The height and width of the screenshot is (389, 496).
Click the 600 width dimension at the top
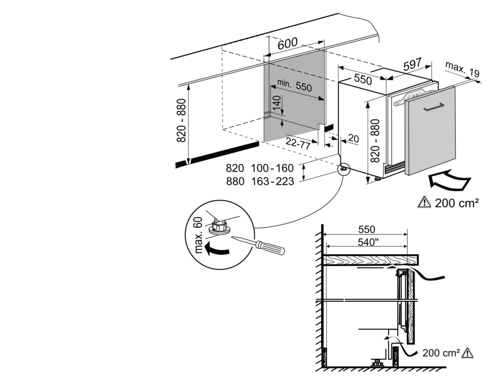coord(287,44)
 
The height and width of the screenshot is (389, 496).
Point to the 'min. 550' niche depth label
coord(294,86)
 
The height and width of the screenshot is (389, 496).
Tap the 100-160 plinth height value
coord(272,168)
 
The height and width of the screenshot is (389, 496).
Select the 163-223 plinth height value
coord(272,181)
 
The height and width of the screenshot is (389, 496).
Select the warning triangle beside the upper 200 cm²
coord(424,202)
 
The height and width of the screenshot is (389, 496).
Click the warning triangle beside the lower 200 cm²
coord(467,353)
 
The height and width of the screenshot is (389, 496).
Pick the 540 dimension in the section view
coord(368,242)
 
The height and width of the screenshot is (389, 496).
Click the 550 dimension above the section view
coord(366,229)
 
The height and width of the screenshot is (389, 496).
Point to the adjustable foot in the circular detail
coord(219,226)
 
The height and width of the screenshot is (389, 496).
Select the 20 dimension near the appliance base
coord(353,139)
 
